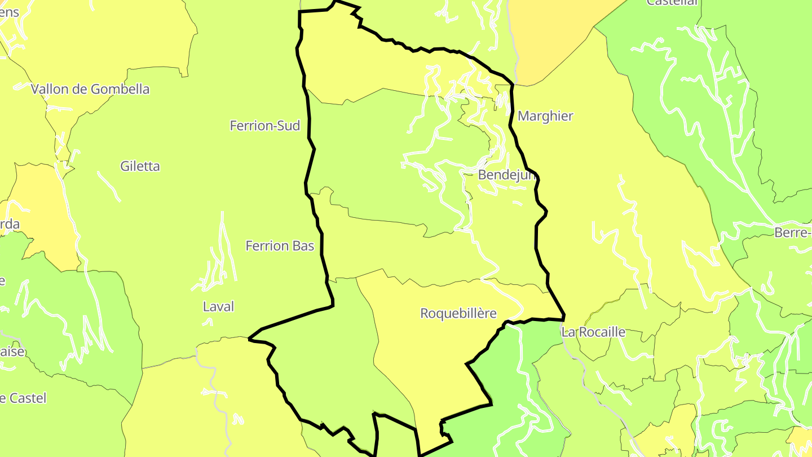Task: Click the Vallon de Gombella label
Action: coord(90,89)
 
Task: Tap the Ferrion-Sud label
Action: coord(265,126)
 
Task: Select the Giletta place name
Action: coord(140,166)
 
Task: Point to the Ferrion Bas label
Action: coord(280,246)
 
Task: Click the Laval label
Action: coord(218,307)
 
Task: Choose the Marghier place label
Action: coord(545,116)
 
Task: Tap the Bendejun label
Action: coord(506,175)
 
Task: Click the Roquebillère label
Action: coord(458,314)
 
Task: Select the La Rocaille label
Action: coord(594,332)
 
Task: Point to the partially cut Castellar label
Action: coord(672,2)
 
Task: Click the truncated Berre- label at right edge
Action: coord(793,232)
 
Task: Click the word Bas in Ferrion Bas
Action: coord(303,246)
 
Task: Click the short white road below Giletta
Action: coord(109,186)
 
